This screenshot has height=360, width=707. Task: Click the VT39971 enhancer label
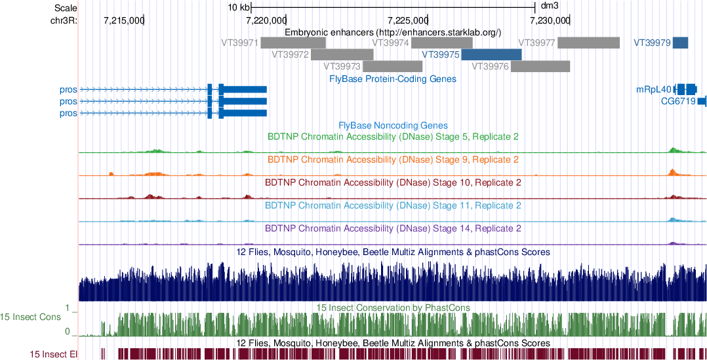pos(239,43)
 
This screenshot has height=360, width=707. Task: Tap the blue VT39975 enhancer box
pos(491,54)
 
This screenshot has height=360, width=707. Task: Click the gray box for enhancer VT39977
pos(588,43)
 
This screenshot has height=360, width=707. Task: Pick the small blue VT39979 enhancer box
pos(680,43)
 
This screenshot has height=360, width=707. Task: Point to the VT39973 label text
pos(342,66)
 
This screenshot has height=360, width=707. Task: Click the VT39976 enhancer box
pos(540,66)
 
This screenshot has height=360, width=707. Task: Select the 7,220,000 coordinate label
pos(266,20)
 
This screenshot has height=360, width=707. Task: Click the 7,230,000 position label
pos(549,20)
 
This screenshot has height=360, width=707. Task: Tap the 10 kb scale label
pos(239,8)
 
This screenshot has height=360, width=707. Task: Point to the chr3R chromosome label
pos(63,20)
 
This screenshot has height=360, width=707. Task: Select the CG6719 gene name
pos(677,102)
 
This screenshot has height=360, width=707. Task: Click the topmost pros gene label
pos(68,89)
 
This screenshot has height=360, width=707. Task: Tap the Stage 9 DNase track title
pos(393,159)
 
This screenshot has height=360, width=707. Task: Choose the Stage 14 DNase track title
pos(393,229)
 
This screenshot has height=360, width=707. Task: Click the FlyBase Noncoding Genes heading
pos(393,125)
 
